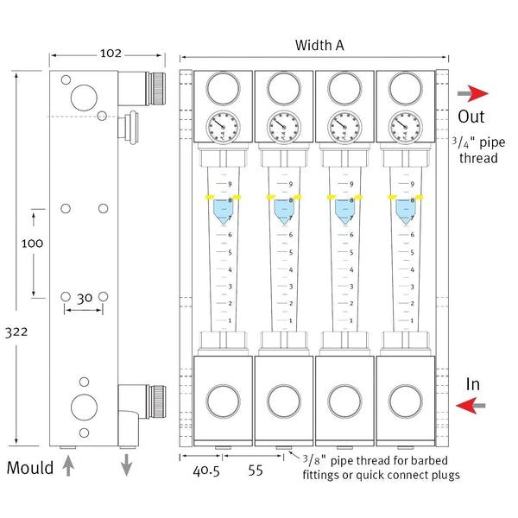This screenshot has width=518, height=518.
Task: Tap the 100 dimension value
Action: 32,243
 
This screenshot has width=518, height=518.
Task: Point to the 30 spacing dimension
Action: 85,298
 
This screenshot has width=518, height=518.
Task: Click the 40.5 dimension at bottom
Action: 206,472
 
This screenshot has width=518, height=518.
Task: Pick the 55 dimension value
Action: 255,472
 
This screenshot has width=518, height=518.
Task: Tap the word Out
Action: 471,117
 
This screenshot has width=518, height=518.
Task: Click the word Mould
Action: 31,469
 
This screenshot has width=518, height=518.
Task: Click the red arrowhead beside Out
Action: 481,93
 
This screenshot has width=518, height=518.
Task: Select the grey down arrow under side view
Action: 126,464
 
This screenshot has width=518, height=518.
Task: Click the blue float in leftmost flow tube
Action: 223,211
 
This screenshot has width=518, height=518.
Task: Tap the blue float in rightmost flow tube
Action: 405,211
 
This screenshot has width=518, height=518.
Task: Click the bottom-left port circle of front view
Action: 223,401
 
